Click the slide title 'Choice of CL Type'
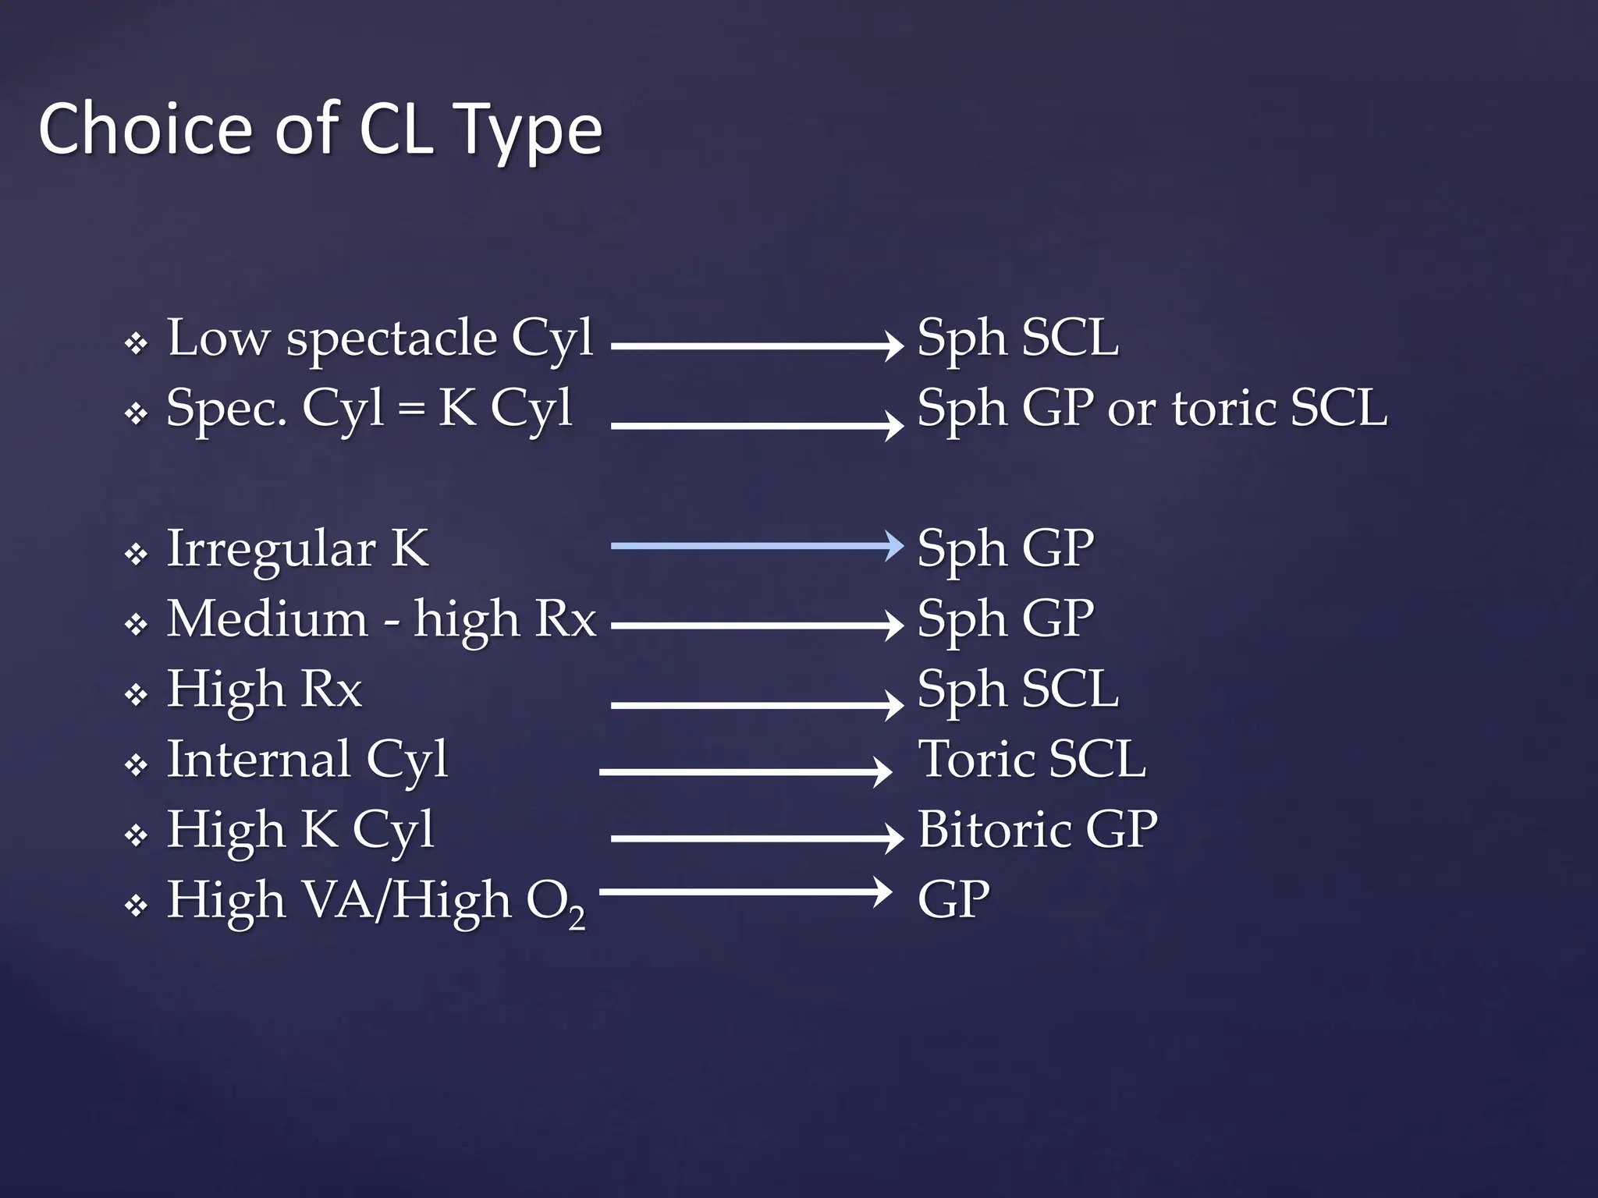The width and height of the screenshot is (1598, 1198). click(x=320, y=129)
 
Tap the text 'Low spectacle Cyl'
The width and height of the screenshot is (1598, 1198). click(x=380, y=338)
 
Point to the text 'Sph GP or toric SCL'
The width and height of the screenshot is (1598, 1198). click(x=1152, y=408)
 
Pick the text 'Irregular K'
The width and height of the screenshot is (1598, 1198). click(x=297, y=548)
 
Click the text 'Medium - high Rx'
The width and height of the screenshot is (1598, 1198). click(x=381, y=619)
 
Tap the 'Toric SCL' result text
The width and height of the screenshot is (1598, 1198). click(x=1032, y=759)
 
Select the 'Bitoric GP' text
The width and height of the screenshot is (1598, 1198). click(x=1037, y=829)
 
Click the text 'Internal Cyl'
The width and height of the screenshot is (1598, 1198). click(x=307, y=759)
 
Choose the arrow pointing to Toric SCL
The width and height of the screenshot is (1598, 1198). click(x=744, y=771)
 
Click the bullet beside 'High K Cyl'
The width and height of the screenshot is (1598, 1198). click(x=137, y=836)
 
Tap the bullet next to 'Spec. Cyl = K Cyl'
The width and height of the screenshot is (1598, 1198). click(x=137, y=414)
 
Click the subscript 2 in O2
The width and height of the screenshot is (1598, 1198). click(x=576, y=920)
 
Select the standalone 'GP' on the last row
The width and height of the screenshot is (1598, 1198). click(x=953, y=899)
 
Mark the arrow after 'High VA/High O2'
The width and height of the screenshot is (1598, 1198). click(x=744, y=891)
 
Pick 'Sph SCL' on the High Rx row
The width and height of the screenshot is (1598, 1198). click(x=1017, y=689)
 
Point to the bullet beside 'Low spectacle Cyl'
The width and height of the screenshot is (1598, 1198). click(x=137, y=344)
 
